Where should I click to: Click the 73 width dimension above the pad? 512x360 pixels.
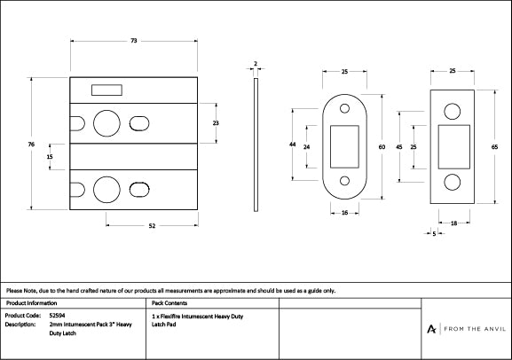point(132,42)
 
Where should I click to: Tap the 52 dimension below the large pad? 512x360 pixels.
point(152,228)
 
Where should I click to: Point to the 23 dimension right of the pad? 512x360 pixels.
point(215,123)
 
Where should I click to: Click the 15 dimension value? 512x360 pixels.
point(50,157)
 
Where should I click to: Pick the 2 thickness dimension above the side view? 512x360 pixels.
point(255,64)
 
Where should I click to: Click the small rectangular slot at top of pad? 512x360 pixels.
point(107,89)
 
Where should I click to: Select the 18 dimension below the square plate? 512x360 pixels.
point(453,224)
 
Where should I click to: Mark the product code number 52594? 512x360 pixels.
point(57,316)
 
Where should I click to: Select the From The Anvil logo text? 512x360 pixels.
point(470,329)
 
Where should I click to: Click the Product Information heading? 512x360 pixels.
point(31,303)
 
